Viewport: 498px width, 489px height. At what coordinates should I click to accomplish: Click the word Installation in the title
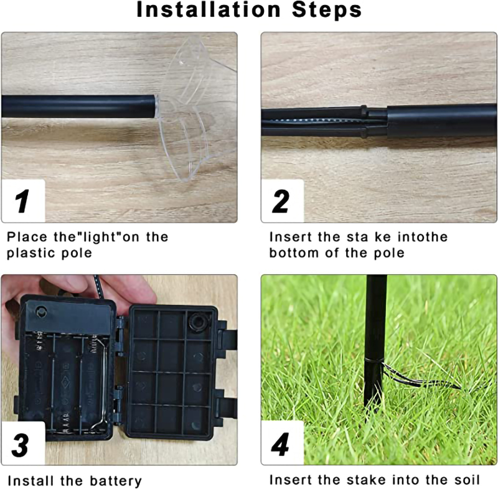point(209,9)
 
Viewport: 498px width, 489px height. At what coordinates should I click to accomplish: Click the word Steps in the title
point(327,10)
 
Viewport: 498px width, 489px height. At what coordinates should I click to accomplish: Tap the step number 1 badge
point(23,201)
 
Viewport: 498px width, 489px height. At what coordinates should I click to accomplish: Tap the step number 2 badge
point(283,201)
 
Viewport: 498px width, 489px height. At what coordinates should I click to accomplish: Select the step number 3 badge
point(23,444)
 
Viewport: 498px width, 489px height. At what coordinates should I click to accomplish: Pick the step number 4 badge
point(283,444)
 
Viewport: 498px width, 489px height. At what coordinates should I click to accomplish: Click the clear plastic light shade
point(195,108)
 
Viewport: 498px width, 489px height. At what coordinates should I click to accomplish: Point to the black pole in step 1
point(80,106)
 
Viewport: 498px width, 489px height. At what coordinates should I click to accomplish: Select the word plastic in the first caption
point(31,253)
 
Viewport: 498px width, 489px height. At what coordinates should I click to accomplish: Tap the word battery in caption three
point(116,481)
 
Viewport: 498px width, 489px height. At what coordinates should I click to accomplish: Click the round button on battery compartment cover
point(40,311)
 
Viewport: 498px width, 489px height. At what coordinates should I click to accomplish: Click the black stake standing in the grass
point(375,343)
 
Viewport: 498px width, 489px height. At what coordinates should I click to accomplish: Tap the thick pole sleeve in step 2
point(441,121)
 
